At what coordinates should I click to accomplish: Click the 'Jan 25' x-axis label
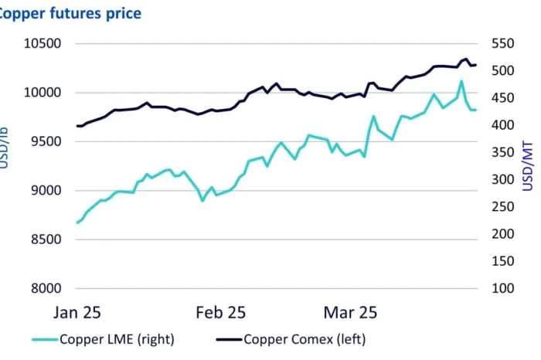[x=77, y=313]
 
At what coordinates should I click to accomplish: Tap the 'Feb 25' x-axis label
[x=220, y=313]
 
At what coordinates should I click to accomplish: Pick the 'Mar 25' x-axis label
[x=351, y=313]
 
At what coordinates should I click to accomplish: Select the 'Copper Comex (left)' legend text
[x=305, y=338]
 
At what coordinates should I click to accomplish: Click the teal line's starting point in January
[x=77, y=222]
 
